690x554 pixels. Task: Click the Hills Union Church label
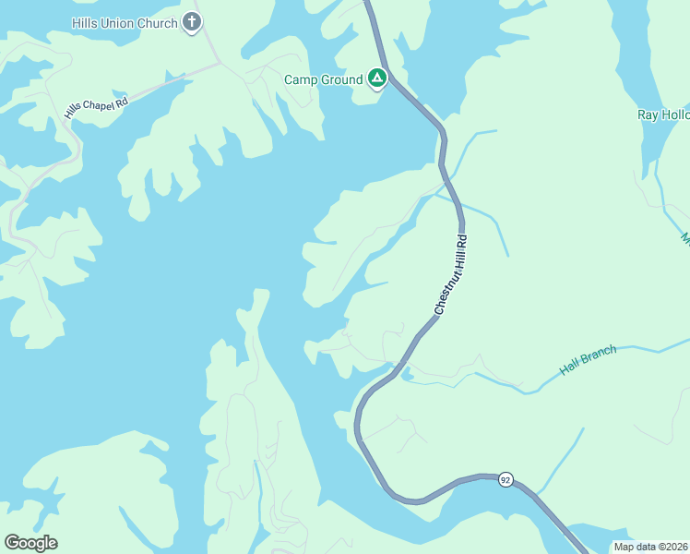coord(125,23)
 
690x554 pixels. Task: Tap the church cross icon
coord(192,22)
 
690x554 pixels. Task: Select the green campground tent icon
coord(376,78)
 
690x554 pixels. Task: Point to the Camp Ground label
coord(323,80)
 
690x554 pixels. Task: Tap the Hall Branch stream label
coord(588,360)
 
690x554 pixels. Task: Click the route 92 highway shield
coord(505,480)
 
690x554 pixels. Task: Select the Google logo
coord(30,543)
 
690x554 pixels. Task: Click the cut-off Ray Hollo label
coord(663,115)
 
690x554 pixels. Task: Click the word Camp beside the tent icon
coord(301,80)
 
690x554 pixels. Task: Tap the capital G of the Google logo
coord(12,543)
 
